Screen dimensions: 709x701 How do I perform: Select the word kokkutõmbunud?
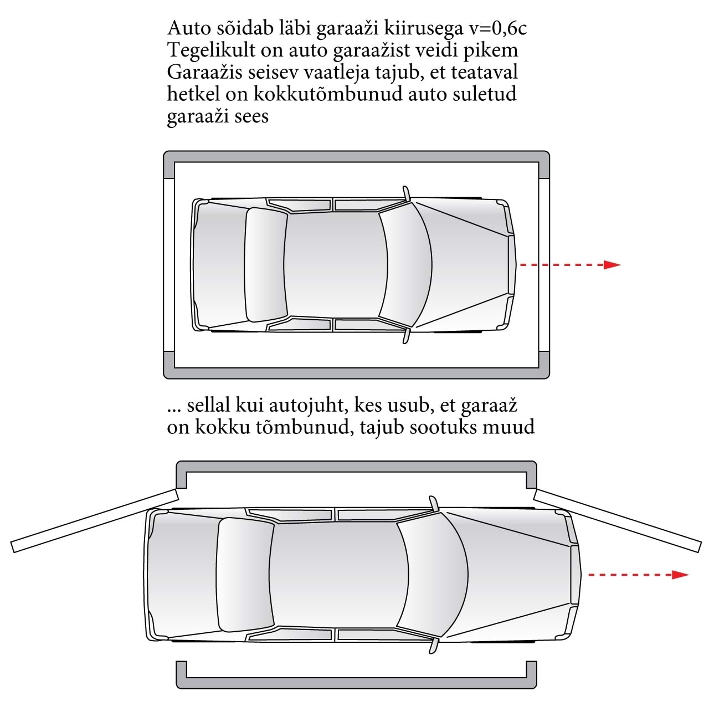328,94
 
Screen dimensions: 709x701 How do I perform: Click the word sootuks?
446,427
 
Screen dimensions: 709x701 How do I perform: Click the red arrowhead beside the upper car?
612,264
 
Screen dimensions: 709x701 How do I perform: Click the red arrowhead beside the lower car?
680,575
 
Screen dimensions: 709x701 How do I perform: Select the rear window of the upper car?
266,264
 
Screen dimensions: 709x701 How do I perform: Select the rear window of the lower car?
245,575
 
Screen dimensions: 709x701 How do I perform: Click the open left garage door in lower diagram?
95,520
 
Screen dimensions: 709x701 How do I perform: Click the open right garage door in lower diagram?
617,520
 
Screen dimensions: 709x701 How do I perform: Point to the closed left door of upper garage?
169,265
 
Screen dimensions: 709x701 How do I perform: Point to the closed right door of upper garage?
544,265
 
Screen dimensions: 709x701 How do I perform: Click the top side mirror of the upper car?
407,193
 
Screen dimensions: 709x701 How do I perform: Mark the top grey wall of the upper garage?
356,156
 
